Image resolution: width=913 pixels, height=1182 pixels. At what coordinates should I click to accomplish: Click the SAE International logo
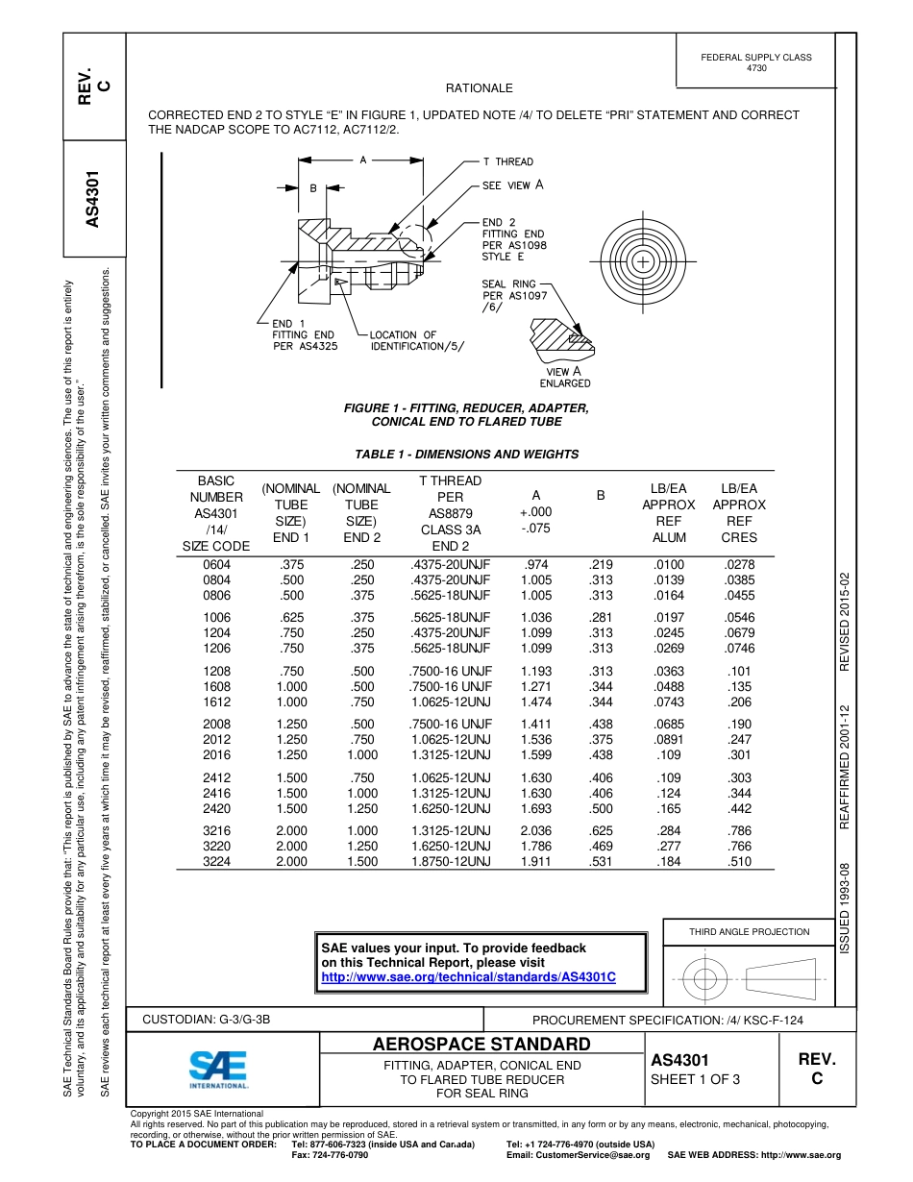(218, 1068)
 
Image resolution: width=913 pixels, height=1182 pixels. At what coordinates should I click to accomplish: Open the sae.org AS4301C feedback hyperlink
(468, 976)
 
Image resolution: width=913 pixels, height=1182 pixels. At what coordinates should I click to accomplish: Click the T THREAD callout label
(507, 161)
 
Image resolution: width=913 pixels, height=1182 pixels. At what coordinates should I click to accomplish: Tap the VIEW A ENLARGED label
(564, 377)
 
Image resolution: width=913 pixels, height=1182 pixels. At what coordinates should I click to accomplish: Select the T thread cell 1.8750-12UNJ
(450, 862)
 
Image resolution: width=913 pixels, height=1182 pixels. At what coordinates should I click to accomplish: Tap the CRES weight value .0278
(739, 565)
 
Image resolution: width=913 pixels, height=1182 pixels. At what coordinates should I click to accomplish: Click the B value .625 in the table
(601, 830)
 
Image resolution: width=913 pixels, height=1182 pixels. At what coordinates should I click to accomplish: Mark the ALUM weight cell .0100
(669, 565)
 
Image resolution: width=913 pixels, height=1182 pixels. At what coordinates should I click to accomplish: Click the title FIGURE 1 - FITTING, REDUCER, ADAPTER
(466, 408)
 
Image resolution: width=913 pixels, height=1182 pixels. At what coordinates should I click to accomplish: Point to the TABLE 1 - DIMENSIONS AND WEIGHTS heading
(467, 455)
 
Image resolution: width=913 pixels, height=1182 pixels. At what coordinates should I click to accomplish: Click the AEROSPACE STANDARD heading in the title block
(481, 1045)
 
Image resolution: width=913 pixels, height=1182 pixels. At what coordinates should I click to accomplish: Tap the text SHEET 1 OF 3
(695, 1078)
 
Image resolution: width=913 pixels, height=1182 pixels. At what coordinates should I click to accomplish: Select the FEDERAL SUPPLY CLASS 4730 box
(756, 62)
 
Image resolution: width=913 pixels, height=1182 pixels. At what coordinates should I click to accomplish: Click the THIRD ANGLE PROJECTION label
(749, 931)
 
